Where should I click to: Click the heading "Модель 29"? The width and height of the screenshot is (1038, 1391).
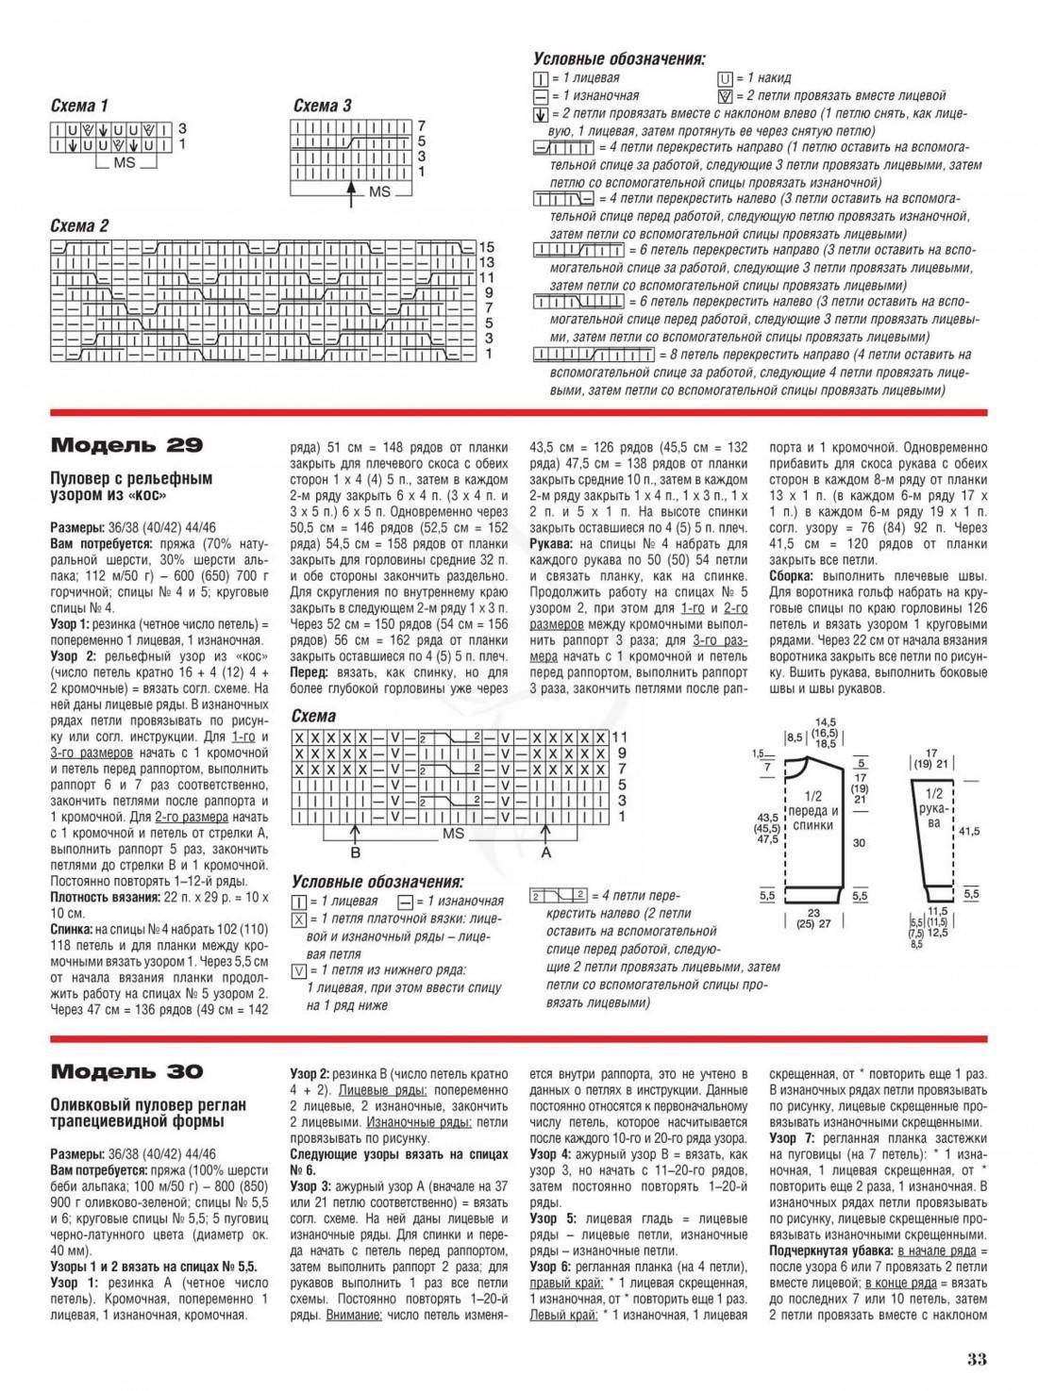coord(126,445)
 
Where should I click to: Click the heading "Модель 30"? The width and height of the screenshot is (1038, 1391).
coord(126,1071)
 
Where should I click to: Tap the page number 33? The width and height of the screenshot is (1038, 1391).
coord(976,1359)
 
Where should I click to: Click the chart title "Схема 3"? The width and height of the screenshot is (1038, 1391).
coord(322,106)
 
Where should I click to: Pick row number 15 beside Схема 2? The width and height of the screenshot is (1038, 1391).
coord(487,247)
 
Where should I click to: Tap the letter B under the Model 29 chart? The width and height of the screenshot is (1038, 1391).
coord(356,851)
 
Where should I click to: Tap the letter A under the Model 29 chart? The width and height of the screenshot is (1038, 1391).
coord(545,851)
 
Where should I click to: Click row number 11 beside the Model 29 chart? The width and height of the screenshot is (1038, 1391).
coord(619,736)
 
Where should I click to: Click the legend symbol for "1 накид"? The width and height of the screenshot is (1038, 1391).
coord(725,78)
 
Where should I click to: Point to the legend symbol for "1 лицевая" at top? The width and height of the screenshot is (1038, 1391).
coord(540,78)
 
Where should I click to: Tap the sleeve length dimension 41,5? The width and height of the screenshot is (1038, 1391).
coord(969,831)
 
